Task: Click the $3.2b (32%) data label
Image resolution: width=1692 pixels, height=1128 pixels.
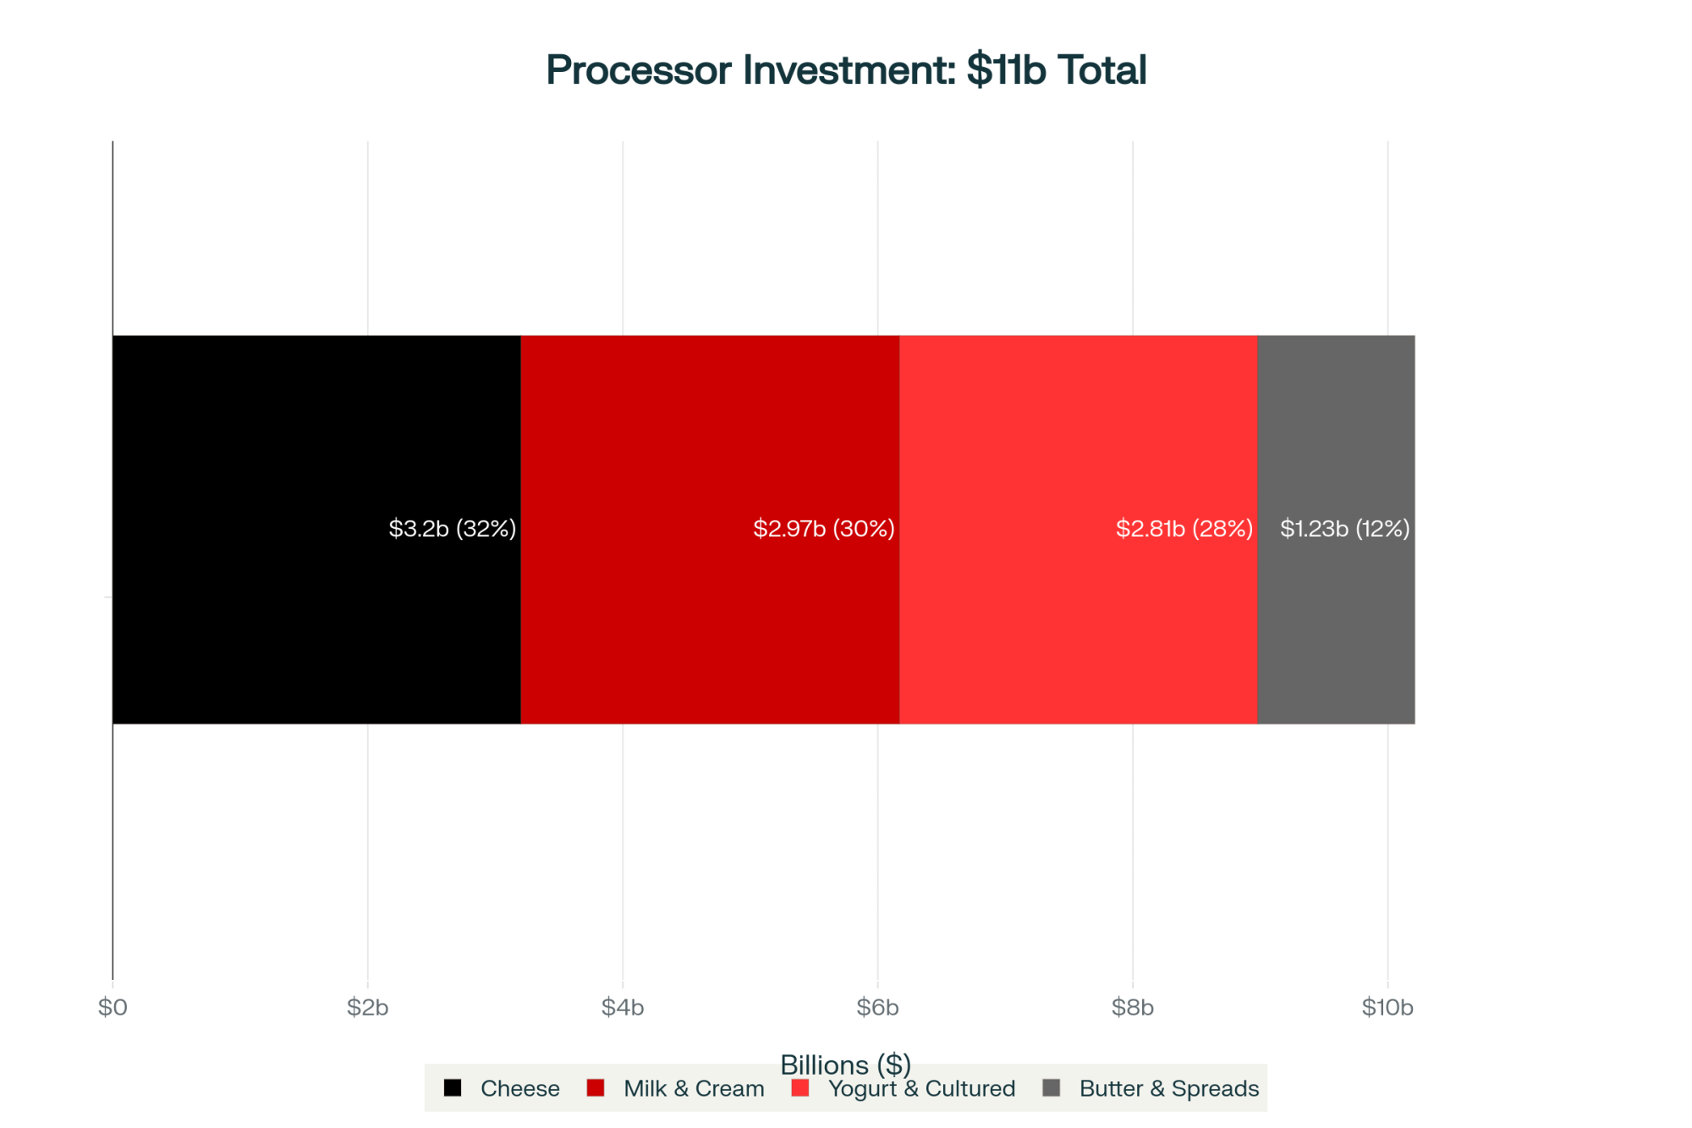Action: (x=452, y=529)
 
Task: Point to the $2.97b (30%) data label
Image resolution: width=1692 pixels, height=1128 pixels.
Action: (x=823, y=529)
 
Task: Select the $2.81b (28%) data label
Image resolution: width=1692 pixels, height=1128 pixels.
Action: (x=1184, y=529)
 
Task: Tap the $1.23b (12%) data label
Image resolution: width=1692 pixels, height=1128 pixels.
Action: (x=1344, y=529)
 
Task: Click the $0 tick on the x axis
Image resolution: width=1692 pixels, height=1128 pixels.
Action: (x=113, y=1007)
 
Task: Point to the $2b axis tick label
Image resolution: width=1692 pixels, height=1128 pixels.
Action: (x=367, y=1007)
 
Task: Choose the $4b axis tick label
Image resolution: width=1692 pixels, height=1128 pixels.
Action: (x=623, y=1007)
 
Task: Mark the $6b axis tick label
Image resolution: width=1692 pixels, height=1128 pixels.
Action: (x=877, y=1007)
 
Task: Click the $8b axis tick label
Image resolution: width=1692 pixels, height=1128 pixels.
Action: (x=1133, y=1007)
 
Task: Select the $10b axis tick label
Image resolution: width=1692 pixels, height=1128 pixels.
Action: (x=1387, y=1007)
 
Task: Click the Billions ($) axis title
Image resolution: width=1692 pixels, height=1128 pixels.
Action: (x=845, y=1063)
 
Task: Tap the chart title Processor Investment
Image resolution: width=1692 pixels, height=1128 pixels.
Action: (x=846, y=69)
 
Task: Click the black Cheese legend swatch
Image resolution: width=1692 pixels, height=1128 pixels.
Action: (x=453, y=1088)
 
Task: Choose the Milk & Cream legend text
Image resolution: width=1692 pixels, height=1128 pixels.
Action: (x=694, y=1089)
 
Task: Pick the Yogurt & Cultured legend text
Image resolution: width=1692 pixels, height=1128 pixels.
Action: (x=921, y=1089)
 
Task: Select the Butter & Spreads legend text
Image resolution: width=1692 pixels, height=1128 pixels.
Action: (x=1169, y=1089)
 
